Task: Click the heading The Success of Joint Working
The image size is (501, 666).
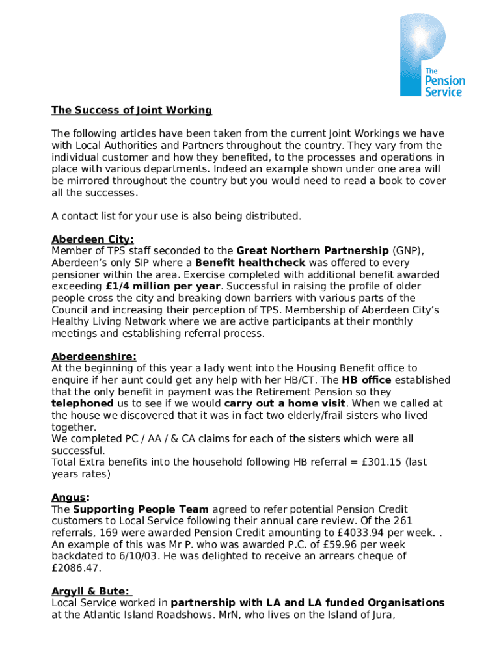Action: point(131,110)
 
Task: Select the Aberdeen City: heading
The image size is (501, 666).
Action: point(92,239)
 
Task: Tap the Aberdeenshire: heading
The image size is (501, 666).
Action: point(94,356)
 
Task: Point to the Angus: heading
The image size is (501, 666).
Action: point(71,498)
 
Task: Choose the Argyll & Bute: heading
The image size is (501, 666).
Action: point(91,591)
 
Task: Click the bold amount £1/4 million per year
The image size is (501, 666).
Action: point(163,286)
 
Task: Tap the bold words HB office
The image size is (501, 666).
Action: point(366,380)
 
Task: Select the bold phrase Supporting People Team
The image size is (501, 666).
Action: point(141,509)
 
